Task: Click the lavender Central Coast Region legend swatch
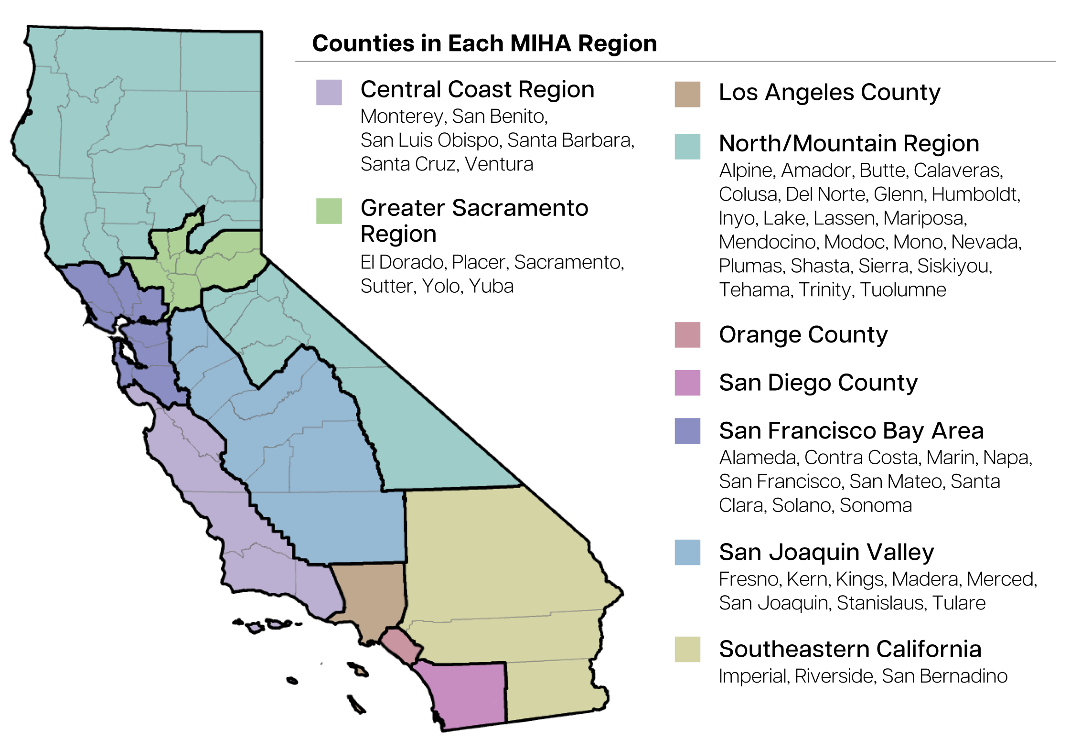tap(329, 92)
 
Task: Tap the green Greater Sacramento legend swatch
tap(329, 211)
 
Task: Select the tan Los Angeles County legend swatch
tap(687, 94)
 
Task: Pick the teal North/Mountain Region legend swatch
tap(687, 146)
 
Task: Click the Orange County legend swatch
tap(687, 334)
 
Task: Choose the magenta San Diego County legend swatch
tap(687, 383)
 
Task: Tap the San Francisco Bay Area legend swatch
tap(687, 430)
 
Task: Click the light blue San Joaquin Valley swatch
tap(687, 552)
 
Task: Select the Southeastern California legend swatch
tap(687, 649)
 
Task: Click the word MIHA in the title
tap(540, 43)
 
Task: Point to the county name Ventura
tap(499, 164)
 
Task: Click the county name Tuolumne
tap(903, 290)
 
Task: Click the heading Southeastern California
tap(850, 649)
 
